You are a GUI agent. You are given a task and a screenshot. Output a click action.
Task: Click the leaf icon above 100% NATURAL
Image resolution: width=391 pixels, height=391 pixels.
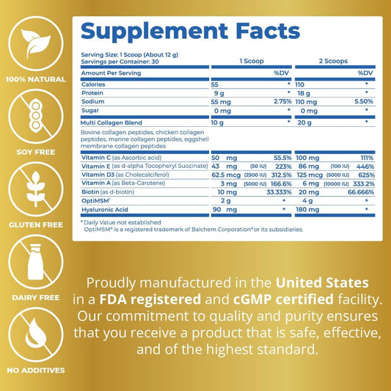coord(36,43)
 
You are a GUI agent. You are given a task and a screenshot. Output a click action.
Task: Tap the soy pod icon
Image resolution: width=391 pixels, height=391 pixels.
coord(36,116)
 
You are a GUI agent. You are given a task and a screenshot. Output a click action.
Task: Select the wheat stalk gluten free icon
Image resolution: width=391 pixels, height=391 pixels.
coord(36,189)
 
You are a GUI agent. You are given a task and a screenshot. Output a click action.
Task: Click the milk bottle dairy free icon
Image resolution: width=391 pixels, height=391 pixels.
coord(36,262)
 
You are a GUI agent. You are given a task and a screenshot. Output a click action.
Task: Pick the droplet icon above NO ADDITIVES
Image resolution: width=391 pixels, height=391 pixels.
coord(36,335)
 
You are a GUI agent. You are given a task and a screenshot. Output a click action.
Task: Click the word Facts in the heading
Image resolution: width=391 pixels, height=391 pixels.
coord(268,31)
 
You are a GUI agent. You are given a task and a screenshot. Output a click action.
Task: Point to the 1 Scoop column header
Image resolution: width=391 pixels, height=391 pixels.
coord(252,61)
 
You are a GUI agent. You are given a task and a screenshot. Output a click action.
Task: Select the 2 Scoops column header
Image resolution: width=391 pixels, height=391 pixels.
coord(333,61)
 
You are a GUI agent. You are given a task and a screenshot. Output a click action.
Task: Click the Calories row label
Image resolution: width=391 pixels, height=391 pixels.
coord(93,84)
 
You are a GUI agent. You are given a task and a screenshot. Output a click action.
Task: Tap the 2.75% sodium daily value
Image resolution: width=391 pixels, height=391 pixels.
coord(282,101)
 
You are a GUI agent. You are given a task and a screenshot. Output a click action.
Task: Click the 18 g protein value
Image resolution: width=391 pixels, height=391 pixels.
coord(304,93)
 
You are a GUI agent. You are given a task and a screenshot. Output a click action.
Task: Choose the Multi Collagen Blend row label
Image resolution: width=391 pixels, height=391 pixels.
coord(112,123)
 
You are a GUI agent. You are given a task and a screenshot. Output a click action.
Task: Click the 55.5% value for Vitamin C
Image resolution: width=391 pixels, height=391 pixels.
coord(282,158)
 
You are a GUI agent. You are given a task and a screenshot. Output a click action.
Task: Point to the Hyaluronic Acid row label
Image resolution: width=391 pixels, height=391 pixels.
coord(105,210)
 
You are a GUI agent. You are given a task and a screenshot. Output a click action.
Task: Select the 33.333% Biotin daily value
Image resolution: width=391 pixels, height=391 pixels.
coord(279,192)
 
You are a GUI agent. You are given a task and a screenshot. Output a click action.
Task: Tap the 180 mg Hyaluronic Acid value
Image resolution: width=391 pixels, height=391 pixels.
coord(307,210)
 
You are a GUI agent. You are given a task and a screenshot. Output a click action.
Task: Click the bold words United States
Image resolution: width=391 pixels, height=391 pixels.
coord(322,282)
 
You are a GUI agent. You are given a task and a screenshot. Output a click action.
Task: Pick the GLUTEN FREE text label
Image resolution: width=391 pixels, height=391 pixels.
coord(36,224)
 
